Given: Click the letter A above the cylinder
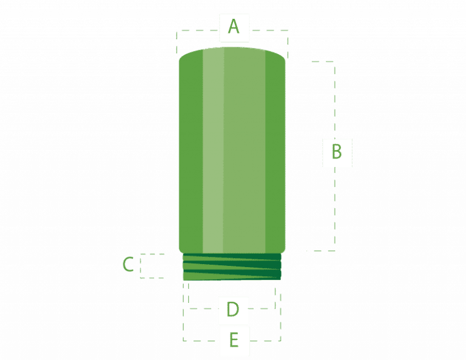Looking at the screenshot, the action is (234, 27).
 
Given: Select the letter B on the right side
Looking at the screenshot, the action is (337, 151).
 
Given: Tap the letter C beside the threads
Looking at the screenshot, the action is (128, 264).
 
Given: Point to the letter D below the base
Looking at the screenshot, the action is (233, 309).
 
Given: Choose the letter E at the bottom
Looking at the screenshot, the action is (234, 340).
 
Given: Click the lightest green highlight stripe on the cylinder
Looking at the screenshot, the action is (213, 150).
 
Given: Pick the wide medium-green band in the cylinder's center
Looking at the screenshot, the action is (245, 150).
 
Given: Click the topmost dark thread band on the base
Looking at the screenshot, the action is (232, 257).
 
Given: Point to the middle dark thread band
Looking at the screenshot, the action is (232, 265).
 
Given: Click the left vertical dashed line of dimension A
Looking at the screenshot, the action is (177, 43).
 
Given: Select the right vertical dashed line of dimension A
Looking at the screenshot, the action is (288, 44).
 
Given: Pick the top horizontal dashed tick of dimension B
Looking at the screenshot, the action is (323, 61).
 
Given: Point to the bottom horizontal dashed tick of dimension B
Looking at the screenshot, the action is (321, 251).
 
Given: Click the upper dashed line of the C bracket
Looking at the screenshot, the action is (152, 254).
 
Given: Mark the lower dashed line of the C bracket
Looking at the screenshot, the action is (152, 278).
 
